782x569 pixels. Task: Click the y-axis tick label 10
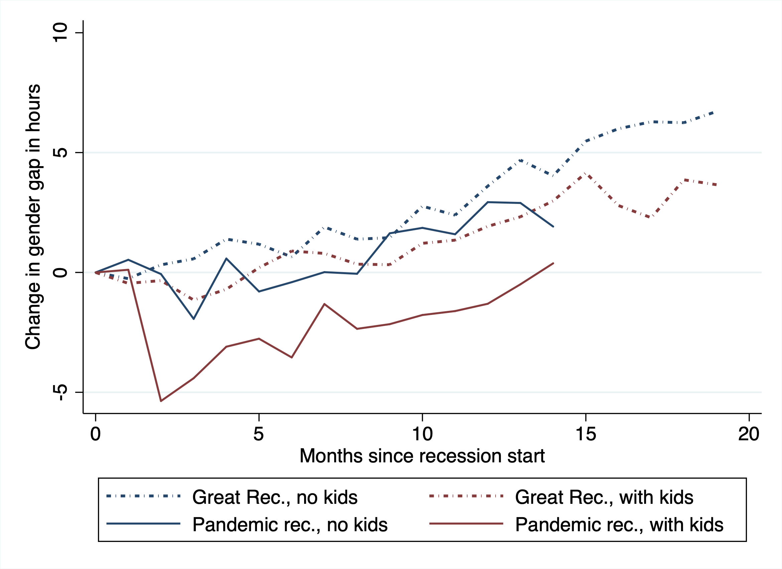[x=61, y=32]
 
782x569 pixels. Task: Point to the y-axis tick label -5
[x=61, y=392]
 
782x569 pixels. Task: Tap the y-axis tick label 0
[x=61, y=272]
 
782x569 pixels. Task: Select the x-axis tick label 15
[x=586, y=434]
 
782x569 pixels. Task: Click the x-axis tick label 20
[x=749, y=434]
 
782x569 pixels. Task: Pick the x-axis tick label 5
[x=259, y=434]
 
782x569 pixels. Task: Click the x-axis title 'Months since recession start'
[x=422, y=456]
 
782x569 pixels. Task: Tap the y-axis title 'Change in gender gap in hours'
[x=33, y=217]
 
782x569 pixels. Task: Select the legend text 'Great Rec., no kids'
[x=275, y=497]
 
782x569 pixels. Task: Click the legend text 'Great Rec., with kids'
[x=604, y=497]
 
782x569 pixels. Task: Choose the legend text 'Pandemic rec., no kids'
[x=290, y=525]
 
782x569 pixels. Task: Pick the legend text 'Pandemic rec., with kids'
[x=619, y=525]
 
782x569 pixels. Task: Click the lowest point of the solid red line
[x=161, y=401]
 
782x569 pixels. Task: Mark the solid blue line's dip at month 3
[x=194, y=319]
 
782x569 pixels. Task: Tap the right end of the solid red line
[x=553, y=263]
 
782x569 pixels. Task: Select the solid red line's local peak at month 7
[x=324, y=304]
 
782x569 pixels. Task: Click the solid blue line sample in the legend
[x=143, y=524]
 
